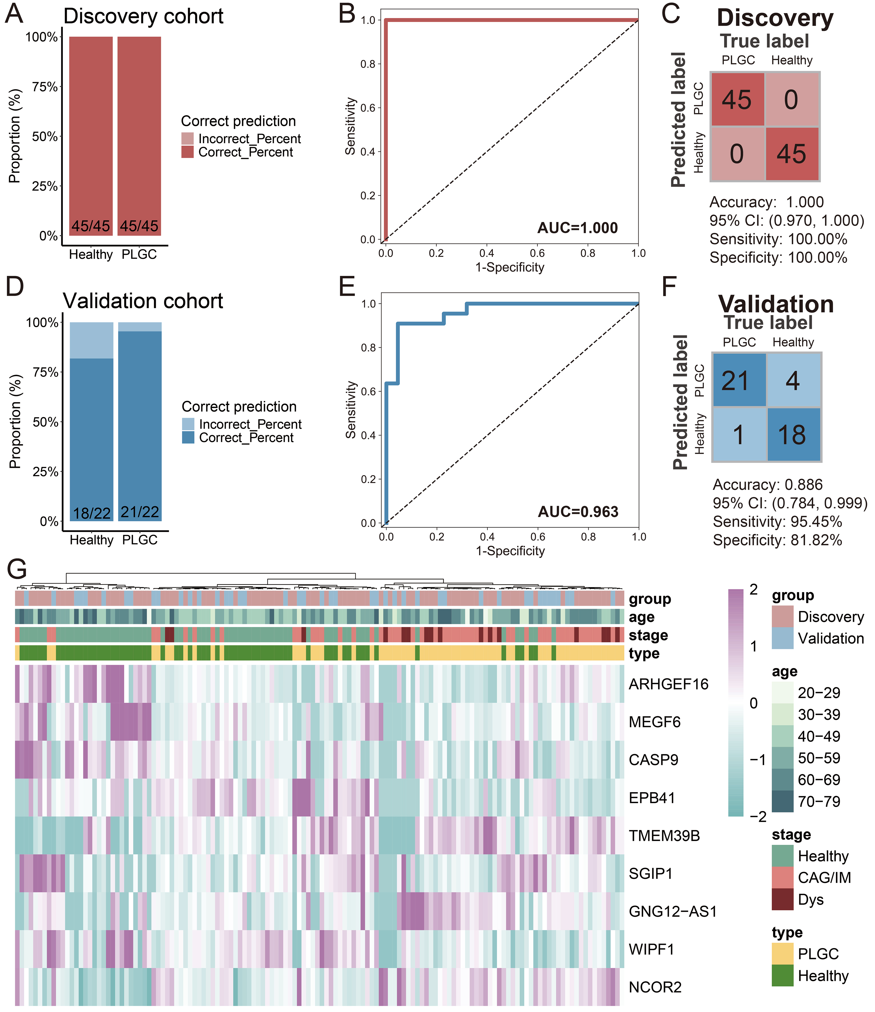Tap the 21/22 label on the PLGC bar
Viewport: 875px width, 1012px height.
tap(140, 512)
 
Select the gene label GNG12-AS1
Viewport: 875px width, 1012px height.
tap(672, 911)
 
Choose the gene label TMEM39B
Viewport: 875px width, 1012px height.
tap(664, 836)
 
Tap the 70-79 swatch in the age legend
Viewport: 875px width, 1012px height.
tap(782, 802)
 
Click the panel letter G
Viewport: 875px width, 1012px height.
tap(17, 569)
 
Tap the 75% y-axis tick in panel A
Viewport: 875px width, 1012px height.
tap(45, 87)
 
